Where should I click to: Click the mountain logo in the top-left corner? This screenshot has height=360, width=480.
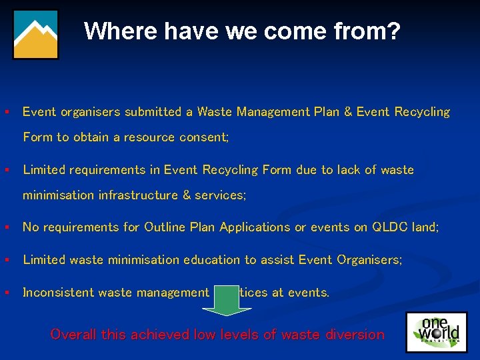click(36, 34)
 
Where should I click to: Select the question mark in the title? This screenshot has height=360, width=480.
click(393, 31)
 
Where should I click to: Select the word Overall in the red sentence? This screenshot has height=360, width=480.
click(73, 335)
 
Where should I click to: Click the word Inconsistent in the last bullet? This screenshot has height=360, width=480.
click(58, 293)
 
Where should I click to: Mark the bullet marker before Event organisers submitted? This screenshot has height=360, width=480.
click(6, 112)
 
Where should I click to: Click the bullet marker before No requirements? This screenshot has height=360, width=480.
click(6, 227)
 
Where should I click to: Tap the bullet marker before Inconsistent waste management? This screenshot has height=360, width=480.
click(6, 293)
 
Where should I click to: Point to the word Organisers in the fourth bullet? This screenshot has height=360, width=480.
click(371, 260)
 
